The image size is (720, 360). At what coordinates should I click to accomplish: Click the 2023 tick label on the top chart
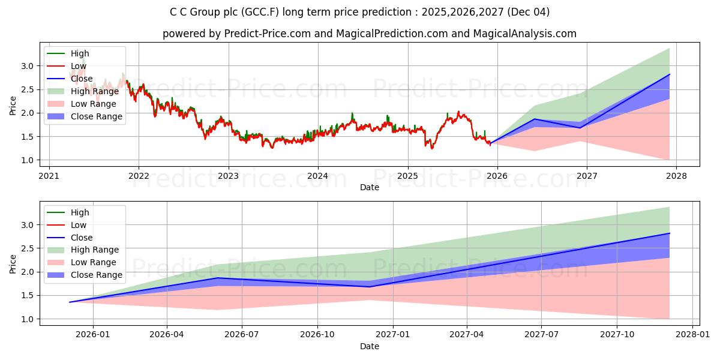click(x=228, y=175)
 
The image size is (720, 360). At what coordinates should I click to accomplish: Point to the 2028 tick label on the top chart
click(x=676, y=175)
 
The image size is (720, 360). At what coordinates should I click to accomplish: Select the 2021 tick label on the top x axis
click(x=49, y=175)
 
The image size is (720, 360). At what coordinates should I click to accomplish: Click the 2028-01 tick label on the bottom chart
click(x=692, y=334)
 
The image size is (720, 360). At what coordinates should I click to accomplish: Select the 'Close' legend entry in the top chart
click(x=82, y=79)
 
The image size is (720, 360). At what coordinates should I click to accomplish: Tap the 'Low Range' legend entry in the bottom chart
click(x=94, y=262)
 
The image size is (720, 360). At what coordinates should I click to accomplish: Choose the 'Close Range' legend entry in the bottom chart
click(x=96, y=275)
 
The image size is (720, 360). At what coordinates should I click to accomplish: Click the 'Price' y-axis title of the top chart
click(x=13, y=105)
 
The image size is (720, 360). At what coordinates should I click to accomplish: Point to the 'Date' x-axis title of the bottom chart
click(x=370, y=346)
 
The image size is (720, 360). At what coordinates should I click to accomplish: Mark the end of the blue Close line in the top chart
click(x=669, y=74)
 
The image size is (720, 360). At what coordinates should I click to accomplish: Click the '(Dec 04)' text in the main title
click(x=528, y=12)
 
